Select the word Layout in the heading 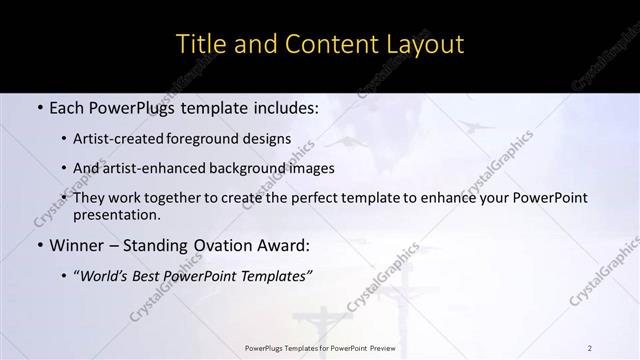[x=424, y=44]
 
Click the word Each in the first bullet [x=67, y=105]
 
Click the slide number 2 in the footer [x=589, y=348]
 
